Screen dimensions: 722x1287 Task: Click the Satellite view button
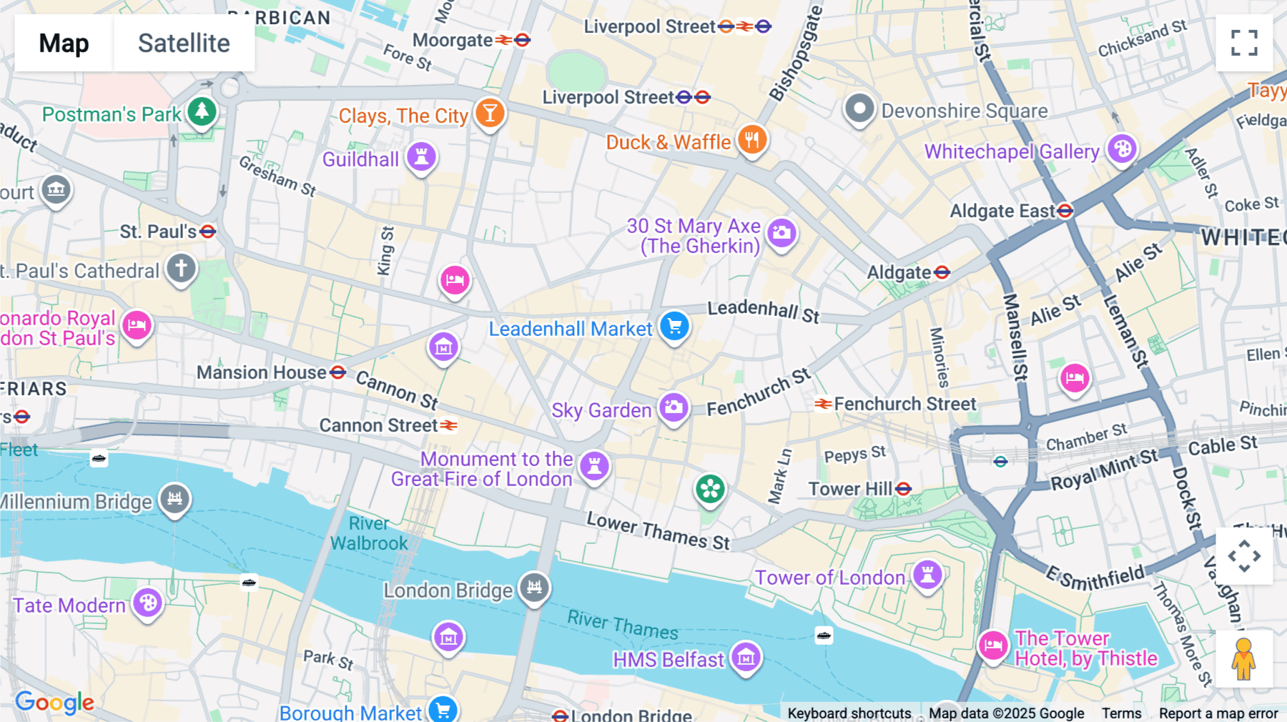184,43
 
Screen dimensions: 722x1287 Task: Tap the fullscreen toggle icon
1244,43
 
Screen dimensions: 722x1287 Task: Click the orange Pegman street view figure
1244,659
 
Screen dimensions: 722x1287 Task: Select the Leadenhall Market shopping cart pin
674,327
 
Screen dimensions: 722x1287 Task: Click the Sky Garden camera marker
674,408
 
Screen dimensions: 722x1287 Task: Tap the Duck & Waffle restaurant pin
752,139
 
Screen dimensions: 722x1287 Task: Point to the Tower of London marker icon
927,574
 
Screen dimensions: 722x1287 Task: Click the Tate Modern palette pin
148,603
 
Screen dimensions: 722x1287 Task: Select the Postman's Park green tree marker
202,112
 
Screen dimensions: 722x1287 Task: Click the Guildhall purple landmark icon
421,157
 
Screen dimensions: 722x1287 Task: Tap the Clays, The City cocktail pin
490,113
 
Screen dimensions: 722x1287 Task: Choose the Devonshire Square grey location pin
859,109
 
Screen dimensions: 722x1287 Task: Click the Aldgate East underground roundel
1065,211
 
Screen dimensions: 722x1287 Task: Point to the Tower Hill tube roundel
904,489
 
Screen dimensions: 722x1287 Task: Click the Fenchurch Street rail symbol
823,405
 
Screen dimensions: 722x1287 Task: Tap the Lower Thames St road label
658,531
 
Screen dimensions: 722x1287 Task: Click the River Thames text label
622,625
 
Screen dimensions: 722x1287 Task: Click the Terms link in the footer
1121,713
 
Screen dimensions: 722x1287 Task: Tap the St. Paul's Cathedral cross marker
182,269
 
